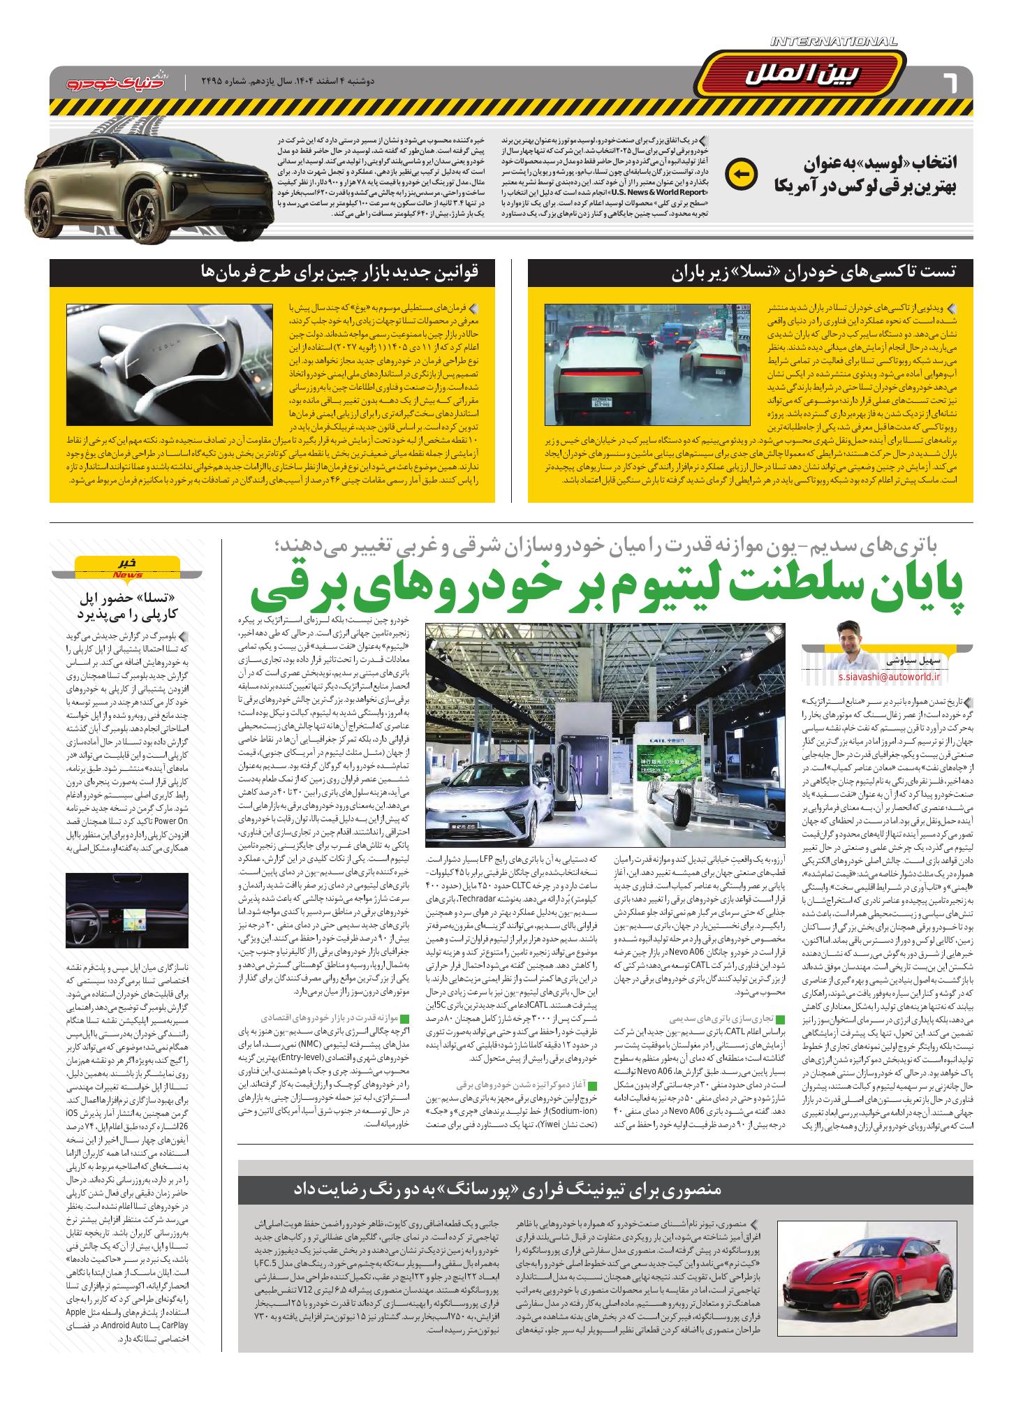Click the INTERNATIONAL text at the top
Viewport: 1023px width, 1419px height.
(834, 42)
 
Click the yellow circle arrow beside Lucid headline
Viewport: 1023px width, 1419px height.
(740, 175)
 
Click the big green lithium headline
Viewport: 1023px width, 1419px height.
(608, 589)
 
